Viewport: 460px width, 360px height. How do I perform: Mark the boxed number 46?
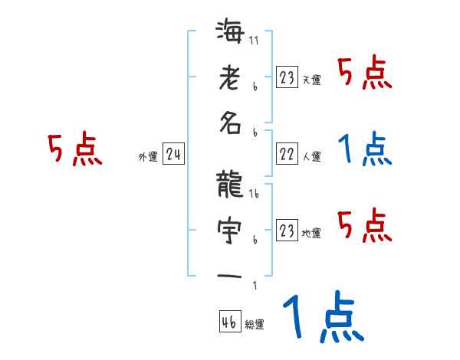coord(229,322)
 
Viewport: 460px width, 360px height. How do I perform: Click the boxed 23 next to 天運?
coord(287,77)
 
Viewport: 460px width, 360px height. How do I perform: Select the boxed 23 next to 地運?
coord(287,231)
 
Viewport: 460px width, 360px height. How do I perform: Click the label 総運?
coord(255,325)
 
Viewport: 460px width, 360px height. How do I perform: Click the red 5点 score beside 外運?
coord(75,151)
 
